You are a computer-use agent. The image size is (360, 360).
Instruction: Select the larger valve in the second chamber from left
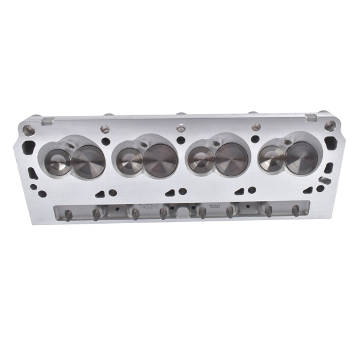pyautogui.click(x=160, y=159)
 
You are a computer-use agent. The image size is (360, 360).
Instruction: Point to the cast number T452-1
pyautogui.click(x=146, y=205)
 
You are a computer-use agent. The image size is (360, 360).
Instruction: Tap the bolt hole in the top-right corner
pyautogui.click(x=329, y=125)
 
